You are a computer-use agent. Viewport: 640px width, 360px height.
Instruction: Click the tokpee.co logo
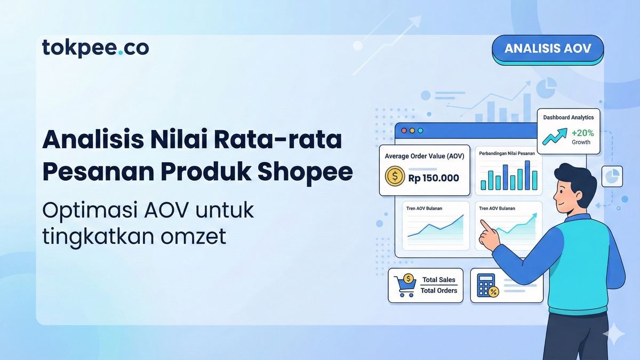click(x=95, y=48)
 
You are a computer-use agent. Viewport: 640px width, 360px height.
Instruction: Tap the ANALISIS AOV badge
click(x=547, y=49)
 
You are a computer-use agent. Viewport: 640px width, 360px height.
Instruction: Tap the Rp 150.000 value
click(x=433, y=178)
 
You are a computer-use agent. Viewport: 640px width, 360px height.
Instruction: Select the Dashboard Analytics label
click(x=568, y=117)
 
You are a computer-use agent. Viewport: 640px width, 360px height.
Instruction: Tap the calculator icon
click(x=486, y=285)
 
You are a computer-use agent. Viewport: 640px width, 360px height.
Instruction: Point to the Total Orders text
click(x=438, y=291)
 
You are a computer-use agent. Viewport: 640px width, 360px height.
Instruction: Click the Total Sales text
click(x=439, y=279)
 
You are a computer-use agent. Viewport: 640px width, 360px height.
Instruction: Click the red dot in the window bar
click(x=403, y=130)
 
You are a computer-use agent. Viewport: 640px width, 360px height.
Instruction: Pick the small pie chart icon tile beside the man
click(x=612, y=176)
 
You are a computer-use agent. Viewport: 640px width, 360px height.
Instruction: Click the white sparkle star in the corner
click(x=613, y=333)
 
